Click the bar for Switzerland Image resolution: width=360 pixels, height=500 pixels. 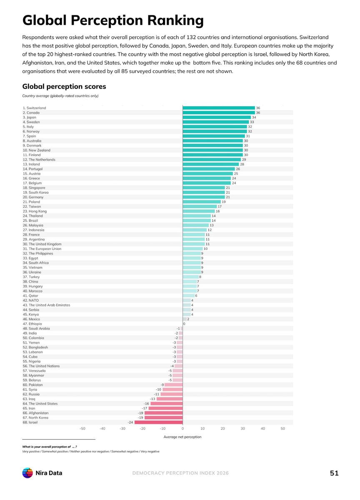tap(218, 108)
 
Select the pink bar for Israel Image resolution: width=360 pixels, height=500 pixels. tap(158, 422)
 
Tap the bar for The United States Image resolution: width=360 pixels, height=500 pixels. tap(167, 404)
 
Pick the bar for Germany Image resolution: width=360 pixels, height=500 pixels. tap(204, 197)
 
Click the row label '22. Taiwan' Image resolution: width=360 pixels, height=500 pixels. tap(32, 207)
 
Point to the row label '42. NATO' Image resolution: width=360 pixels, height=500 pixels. tap(30, 300)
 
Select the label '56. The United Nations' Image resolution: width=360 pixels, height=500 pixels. tap(41, 366)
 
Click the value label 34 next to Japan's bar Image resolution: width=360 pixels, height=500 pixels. tap(254, 117)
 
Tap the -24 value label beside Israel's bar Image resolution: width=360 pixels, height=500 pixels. tap(130, 422)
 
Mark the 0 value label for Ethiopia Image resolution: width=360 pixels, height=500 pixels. tap(184, 324)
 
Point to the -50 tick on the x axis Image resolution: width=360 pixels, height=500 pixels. tap(82, 429)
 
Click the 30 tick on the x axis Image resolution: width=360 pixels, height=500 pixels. tap(242, 429)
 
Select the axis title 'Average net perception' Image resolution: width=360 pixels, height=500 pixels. tap(182, 437)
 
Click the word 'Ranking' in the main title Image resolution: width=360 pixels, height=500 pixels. tap(175, 21)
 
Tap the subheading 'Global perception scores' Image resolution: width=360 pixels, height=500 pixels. tap(64, 86)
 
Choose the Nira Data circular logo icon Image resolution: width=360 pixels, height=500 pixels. tap(27, 473)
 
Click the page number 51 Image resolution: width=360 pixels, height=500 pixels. tap(334, 473)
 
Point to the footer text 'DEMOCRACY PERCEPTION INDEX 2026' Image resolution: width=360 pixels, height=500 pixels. tap(180, 473)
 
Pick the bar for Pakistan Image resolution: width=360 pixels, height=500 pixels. tap(173, 385)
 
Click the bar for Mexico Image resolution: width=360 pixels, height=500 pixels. tap(185, 319)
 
